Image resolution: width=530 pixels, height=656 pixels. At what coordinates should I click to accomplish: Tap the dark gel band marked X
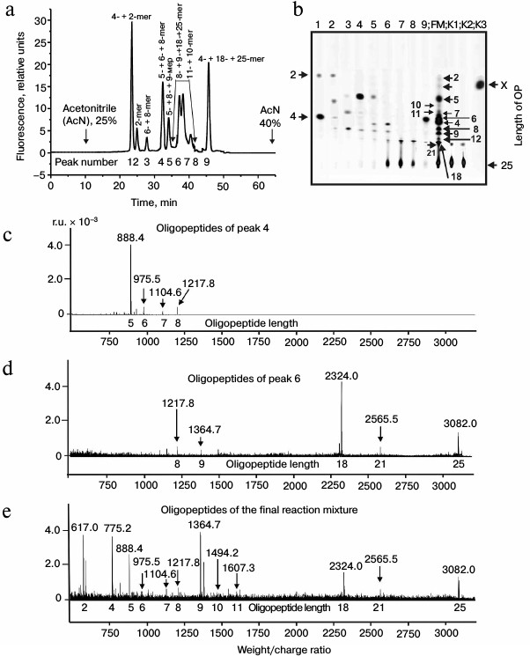coord(482,85)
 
